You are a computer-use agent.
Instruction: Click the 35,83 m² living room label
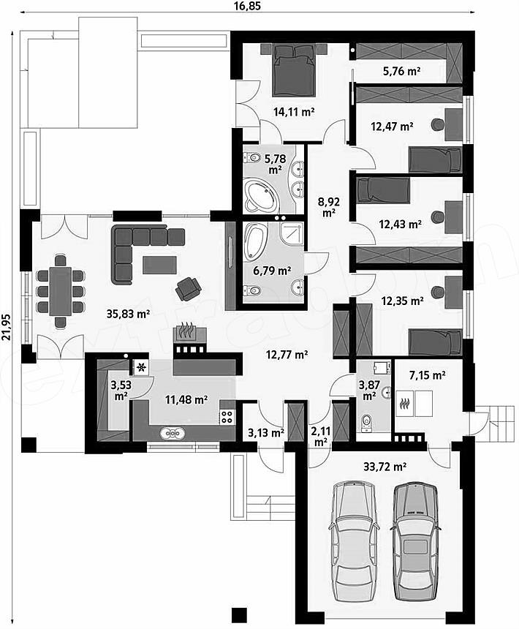pyautogui.click(x=128, y=314)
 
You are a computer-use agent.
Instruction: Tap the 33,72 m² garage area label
pyautogui.click(x=385, y=467)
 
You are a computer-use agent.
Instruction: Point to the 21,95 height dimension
pyautogui.click(x=6, y=326)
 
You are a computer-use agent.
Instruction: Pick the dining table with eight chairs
pyautogui.click(x=61, y=291)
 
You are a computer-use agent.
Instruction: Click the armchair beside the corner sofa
pyautogui.click(x=188, y=288)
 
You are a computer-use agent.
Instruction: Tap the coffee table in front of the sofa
pyautogui.click(x=159, y=265)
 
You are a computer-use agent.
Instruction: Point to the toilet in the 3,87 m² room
pyautogui.click(x=367, y=423)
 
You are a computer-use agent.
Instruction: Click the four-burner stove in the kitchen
pyautogui.click(x=227, y=416)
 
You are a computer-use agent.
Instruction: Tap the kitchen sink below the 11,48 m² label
pyautogui.click(x=173, y=433)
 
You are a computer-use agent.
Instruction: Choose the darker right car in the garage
pyautogui.click(x=415, y=542)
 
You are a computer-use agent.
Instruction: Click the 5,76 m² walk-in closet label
pyautogui.click(x=401, y=72)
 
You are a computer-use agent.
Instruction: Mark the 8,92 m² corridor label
pyautogui.click(x=329, y=206)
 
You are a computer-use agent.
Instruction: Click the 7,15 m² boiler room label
pyautogui.click(x=427, y=375)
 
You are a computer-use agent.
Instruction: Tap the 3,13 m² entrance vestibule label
pyautogui.click(x=266, y=432)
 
